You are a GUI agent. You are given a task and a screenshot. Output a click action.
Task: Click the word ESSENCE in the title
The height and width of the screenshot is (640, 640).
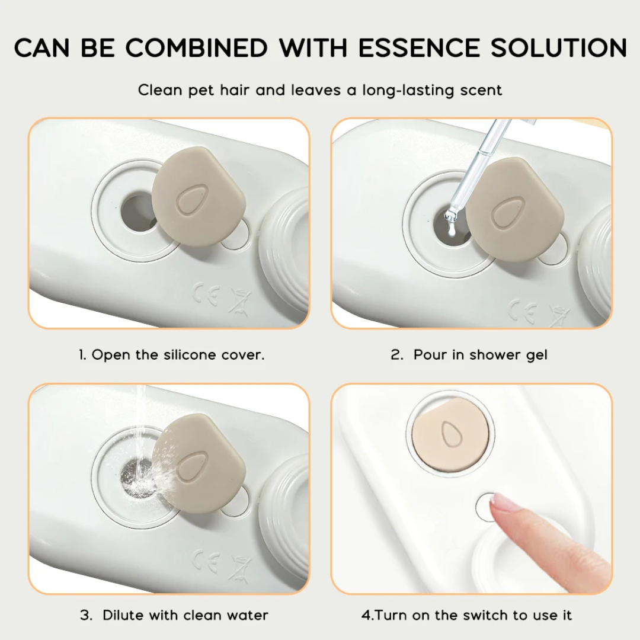pyautogui.click(x=419, y=47)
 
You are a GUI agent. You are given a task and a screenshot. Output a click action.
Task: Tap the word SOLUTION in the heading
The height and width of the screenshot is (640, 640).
pyautogui.click(x=558, y=47)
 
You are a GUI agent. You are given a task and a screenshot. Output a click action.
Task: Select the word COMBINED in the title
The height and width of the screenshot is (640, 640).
pyautogui.click(x=196, y=47)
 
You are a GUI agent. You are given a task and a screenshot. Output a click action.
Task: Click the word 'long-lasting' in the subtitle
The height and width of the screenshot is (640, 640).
pyautogui.click(x=408, y=90)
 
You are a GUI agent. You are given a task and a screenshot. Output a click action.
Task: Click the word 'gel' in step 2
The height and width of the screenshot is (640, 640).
pyautogui.click(x=536, y=355)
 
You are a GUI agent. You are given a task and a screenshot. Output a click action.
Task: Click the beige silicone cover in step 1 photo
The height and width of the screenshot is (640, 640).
pyautogui.click(x=199, y=197)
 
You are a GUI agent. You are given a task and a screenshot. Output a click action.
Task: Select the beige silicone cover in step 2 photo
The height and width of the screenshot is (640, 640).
pyautogui.click(x=515, y=209)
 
